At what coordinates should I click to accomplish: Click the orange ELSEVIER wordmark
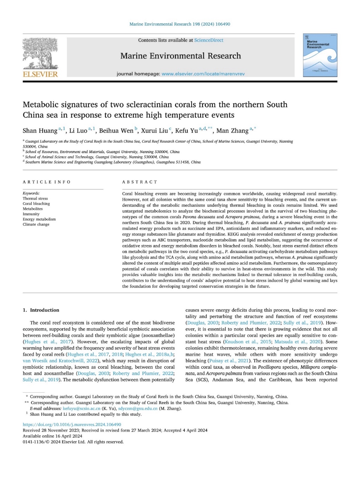[40, 74]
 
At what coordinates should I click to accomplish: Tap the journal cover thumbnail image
[320, 55]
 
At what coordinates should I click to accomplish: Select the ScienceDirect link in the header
[209, 40]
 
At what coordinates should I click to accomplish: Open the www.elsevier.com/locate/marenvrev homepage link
[203, 74]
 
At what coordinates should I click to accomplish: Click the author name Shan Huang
[40, 131]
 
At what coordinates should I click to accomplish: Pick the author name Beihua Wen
[116, 131]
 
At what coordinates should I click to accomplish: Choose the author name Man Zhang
[232, 131]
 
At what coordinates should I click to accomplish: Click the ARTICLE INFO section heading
[47, 182]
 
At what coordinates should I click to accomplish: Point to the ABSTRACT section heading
[140, 182]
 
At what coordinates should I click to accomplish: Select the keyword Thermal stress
[35, 198]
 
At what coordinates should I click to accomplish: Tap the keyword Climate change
[36, 224]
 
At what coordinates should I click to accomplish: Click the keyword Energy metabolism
[39, 219]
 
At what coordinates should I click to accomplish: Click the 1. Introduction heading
[41, 310]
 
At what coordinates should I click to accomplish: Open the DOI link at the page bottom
[72, 425]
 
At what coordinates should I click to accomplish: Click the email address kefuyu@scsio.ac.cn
[81, 408]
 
